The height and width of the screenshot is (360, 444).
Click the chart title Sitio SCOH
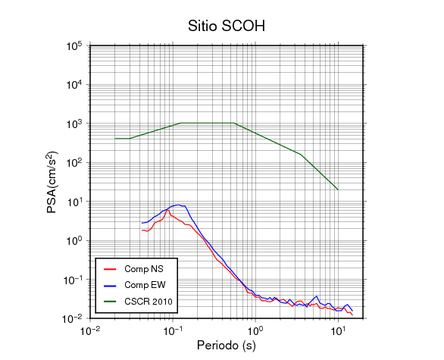[227, 26]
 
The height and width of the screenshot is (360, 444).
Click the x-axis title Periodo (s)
[227, 346]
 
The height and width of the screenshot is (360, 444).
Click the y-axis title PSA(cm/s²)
[52, 183]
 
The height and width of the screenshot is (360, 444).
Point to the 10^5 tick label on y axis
[74, 46]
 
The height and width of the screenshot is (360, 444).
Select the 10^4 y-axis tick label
[74, 85]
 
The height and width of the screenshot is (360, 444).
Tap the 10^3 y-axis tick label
[74, 124]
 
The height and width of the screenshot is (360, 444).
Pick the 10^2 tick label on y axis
[74, 163]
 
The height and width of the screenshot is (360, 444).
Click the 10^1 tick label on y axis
[74, 202]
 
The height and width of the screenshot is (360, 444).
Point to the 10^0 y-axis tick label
[74, 241]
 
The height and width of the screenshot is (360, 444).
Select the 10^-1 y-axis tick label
[73, 280]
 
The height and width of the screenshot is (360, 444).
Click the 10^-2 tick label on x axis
[90, 331]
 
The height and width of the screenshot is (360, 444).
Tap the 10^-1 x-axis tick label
[173, 331]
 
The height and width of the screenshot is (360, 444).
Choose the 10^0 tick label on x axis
[255, 331]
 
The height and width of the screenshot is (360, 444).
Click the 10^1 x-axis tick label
[338, 331]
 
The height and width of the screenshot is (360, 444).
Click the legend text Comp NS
[144, 269]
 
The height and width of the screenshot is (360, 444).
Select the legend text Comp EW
[145, 285]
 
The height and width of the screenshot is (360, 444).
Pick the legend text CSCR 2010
[149, 301]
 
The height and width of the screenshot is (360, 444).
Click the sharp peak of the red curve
[167, 210]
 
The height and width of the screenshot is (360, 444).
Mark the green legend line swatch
[110, 302]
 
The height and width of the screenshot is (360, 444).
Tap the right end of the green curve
[338, 189]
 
